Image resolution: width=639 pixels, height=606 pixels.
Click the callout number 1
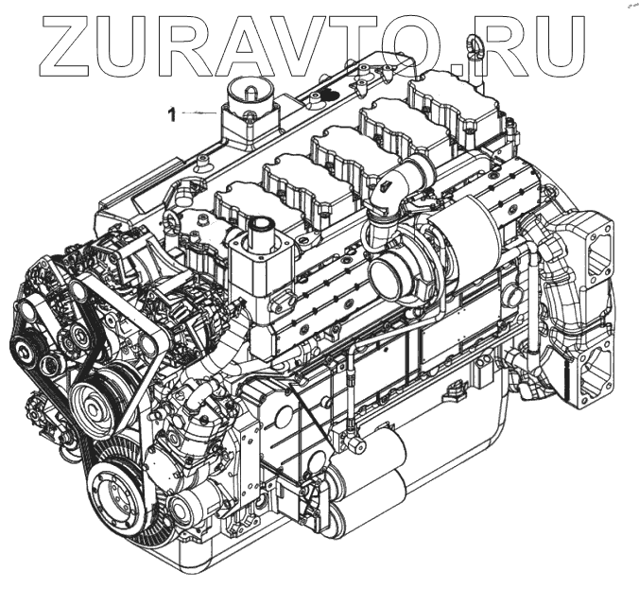172,114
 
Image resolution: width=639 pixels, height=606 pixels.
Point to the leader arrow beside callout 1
199,113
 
